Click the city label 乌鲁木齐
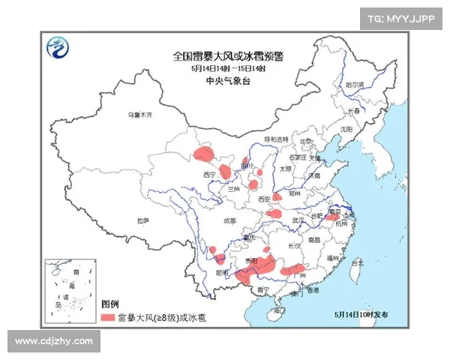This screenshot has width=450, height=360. point(139,115)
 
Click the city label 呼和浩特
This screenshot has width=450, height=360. point(274,140)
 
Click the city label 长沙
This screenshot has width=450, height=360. point(295,245)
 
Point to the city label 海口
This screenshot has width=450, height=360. point(279,308)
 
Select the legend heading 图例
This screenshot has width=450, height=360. point(110,304)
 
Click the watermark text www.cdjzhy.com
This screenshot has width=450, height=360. point(53,341)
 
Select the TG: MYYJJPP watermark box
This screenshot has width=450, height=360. point(401,18)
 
